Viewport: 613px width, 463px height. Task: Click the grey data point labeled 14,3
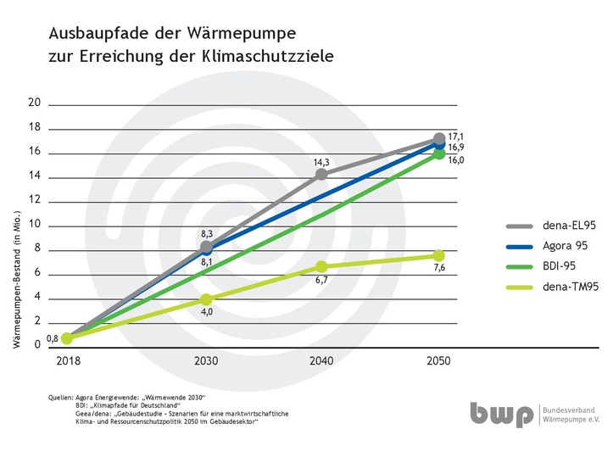pos(321,175)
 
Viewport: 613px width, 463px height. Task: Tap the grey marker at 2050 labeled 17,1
pos(438,139)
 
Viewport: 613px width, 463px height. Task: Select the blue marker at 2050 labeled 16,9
pos(438,144)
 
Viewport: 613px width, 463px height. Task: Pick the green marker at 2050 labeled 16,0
pos(438,153)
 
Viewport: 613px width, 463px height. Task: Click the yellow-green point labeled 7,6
pos(438,256)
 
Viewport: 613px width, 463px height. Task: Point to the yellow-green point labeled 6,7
pos(321,267)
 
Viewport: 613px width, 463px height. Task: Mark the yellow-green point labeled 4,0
pos(206,299)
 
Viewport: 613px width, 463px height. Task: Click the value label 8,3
pos(206,231)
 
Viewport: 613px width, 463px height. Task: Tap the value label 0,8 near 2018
pos(51,337)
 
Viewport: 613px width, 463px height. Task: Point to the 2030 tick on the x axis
pos(206,360)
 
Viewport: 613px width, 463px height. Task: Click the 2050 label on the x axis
pos(438,360)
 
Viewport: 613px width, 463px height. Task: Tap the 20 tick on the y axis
pos(35,103)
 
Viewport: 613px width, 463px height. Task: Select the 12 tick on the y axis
pos(35,201)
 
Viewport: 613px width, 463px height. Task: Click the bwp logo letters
pos(503,416)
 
